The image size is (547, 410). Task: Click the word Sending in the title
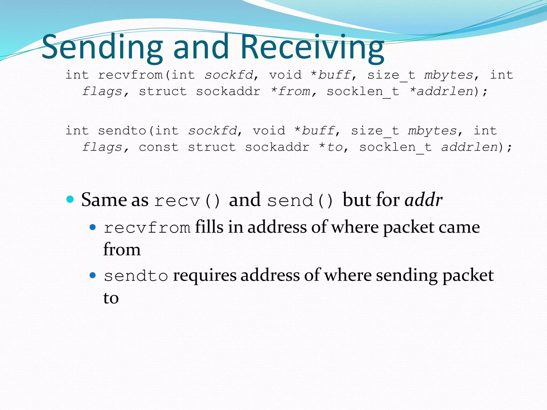(102, 48)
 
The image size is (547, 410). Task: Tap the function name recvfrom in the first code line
(130, 75)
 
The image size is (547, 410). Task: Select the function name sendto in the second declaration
(122, 131)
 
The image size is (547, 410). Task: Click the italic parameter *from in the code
(290, 92)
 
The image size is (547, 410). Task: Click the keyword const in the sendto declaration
(159, 147)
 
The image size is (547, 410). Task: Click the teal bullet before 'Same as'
(70, 199)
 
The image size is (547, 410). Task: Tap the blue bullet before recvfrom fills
(93, 227)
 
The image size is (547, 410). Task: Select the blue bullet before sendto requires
(93, 275)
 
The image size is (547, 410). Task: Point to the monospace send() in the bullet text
(300, 200)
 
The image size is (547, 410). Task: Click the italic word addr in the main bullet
(423, 200)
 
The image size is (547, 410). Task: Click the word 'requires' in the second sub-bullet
(205, 275)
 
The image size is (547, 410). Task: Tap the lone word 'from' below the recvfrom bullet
(122, 250)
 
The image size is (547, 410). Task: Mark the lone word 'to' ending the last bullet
(111, 298)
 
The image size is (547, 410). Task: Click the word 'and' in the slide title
(201, 48)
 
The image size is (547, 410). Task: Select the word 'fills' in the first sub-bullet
(209, 227)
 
